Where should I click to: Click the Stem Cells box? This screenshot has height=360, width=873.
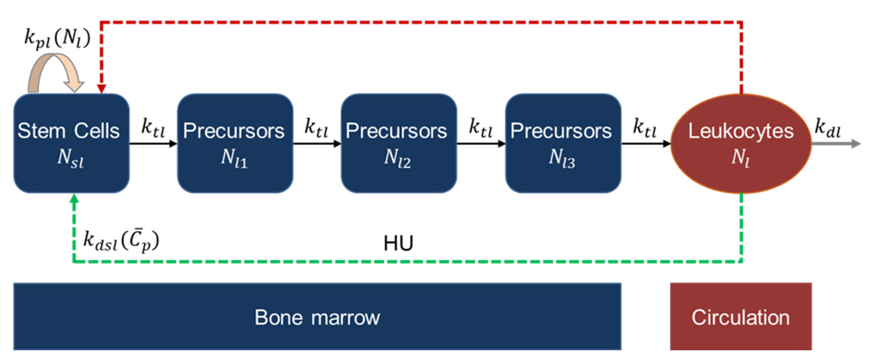click(x=71, y=143)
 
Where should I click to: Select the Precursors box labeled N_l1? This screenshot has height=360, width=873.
click(x=235, y=143)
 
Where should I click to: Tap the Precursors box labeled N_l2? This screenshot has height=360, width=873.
click(x=399, y=143)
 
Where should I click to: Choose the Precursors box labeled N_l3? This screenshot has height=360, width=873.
click(x=563, y=143)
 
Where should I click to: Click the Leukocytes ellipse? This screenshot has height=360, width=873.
click(x=741, y=143)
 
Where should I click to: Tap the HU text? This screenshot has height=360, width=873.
click(x=398, y=243)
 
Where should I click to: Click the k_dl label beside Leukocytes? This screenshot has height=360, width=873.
click(x=827, y=128)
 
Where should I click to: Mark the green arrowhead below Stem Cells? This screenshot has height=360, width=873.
click(x=74, y=198)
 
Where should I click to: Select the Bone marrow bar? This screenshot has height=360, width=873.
click(x=317, y=316)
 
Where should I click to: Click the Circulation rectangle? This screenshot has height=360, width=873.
click(x=741, y=316)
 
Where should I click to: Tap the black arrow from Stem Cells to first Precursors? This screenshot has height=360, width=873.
click(x=153, y=144)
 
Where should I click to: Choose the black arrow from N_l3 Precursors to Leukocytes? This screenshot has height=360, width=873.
click(x=646, y=144)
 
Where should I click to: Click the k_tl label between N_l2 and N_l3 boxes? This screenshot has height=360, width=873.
click(x=481, y=128)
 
